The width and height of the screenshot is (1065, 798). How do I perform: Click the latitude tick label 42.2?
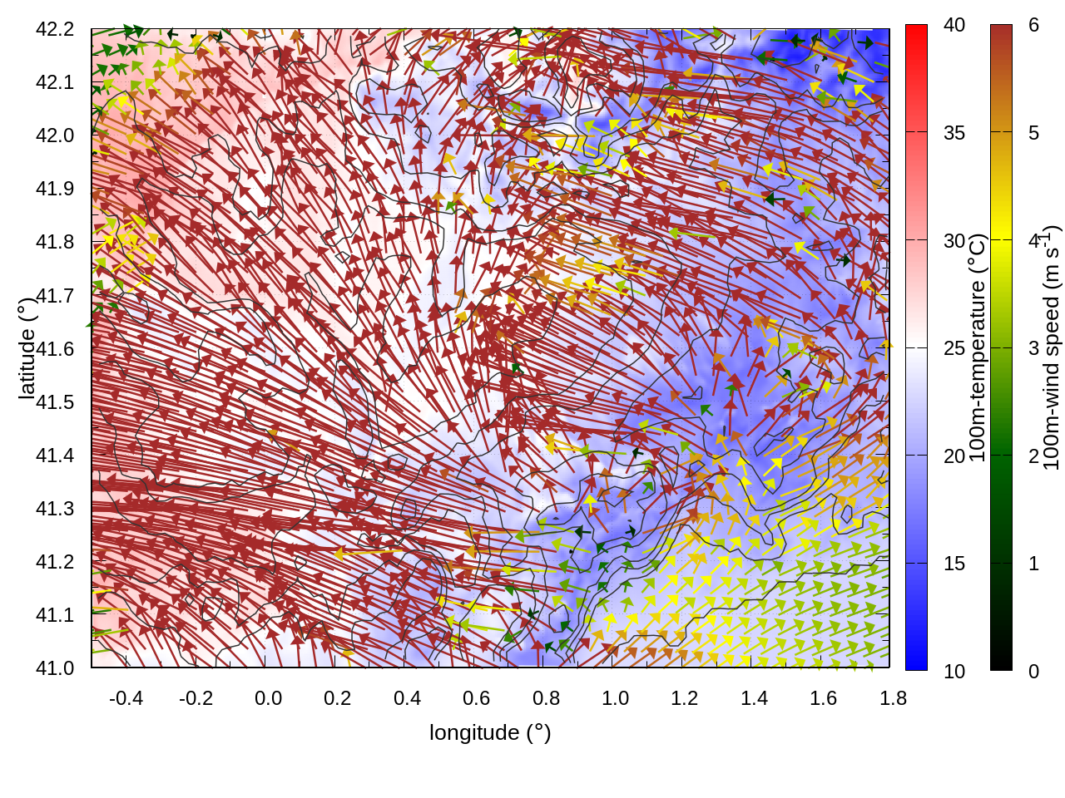tap(55, 29)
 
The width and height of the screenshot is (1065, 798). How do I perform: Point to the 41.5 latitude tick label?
tap(55, 402)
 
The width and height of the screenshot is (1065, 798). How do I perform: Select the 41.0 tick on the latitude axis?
tap(55, 668)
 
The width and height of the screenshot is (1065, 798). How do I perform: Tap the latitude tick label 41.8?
tap(55, 242)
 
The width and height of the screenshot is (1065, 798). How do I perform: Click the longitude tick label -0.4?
tap(126, 698)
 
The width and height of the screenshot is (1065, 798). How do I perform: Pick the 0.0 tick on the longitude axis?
tap(268, 698)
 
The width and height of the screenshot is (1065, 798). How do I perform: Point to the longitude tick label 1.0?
tap(615, 698)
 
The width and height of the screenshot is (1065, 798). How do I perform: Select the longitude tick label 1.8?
tap(893, 698)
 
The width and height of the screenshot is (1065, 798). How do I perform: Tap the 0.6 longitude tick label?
tap(476, 698)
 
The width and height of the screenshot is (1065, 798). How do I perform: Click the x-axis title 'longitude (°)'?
tap(490, 732)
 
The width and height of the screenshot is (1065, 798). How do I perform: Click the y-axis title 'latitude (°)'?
tap(27, 348)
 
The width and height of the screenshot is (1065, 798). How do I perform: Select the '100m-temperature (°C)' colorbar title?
tap(978, 348)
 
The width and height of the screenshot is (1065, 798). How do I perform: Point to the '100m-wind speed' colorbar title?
tap(1052, 348)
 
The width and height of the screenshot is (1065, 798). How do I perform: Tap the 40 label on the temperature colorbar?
tap(954, 25)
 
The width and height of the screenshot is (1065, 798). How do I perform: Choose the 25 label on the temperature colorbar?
tap(954, 348)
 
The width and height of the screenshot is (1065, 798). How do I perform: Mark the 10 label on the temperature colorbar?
tap(954, 671)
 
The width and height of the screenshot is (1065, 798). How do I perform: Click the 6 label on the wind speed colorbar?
tap(1033, 25)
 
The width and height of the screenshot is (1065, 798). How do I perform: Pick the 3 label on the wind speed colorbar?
tap(1033, 348)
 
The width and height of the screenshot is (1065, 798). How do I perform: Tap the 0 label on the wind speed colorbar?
tap(1033, 671)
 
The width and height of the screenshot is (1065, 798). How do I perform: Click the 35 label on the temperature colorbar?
tap(954, 133)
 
